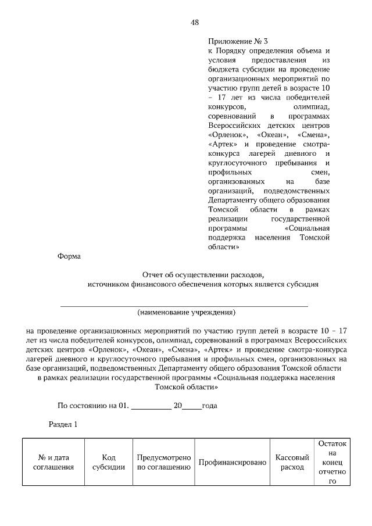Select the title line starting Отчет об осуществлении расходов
tap(203, 274)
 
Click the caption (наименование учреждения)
tap(186, 312)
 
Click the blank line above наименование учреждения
tap(184, 304)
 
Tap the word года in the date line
tap(210, 405)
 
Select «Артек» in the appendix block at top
tap(222, 144)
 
